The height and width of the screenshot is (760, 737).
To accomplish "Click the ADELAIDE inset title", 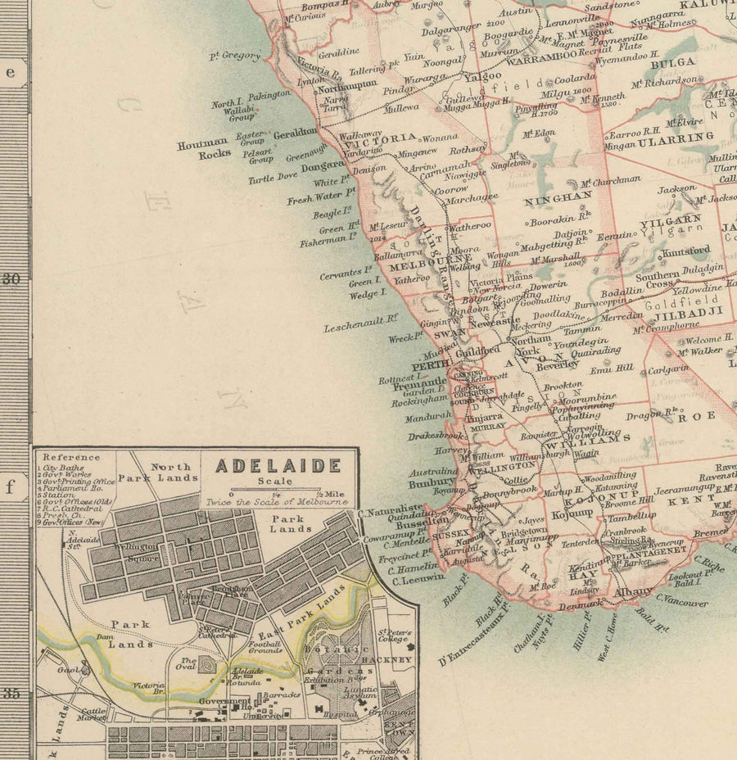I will click(278, 466).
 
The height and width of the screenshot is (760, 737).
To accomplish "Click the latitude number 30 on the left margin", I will click(11, 278).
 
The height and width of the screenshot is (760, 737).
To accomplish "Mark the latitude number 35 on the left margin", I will click(11, 693).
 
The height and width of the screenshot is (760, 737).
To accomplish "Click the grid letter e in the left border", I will click(11, 72).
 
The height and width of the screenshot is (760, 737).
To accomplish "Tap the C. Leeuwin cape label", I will click(418, 577).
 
